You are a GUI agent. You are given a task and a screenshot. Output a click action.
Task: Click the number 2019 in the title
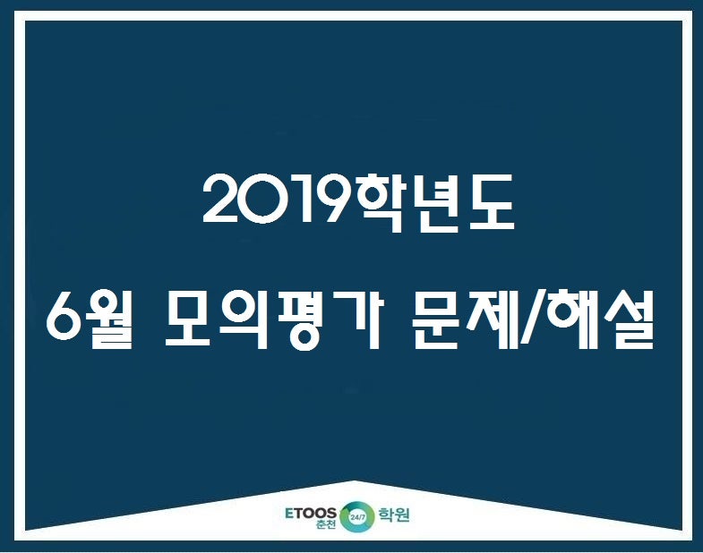click(x=279, y=200)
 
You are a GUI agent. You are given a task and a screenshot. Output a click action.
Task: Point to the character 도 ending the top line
click(x=490, y=202)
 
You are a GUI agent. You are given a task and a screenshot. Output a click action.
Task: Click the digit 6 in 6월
click(x=64, y=319)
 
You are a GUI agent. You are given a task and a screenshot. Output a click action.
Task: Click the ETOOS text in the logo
click(x=310, y=513)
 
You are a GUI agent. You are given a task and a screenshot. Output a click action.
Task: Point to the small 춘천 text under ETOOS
click(x=326, y=524)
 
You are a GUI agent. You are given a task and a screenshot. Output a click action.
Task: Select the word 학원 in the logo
click(x=394, y=515)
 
